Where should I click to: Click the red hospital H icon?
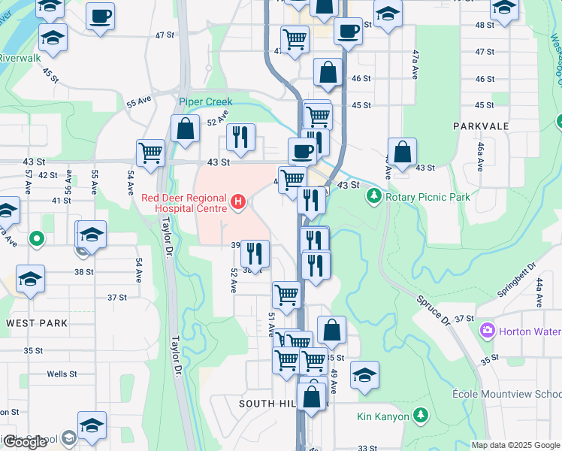238,201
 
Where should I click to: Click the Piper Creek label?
206,101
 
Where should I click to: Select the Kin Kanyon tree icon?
421,416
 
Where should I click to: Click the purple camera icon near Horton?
487,331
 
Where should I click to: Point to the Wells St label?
62,374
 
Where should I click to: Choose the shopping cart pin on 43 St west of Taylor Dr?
151,152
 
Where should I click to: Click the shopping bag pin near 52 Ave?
185,129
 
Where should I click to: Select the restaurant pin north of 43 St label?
240,137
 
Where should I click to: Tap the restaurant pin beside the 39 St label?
255,254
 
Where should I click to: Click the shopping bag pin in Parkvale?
403,151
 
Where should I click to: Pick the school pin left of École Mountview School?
364,375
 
